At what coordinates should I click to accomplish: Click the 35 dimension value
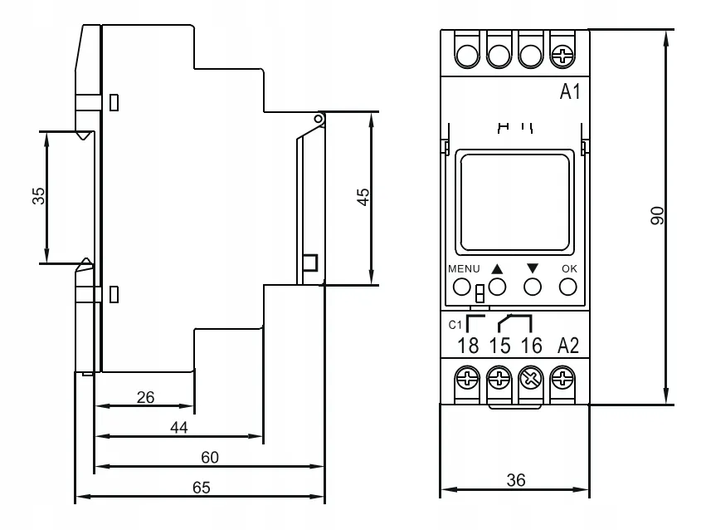coord(39,196)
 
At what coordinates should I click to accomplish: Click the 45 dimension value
coord(363,198)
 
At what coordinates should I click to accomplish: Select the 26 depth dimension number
coord(145,397)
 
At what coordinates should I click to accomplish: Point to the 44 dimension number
coord(178,427)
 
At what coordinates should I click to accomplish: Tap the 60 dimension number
coord(210,458)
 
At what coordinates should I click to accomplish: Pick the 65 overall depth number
coord(202,487)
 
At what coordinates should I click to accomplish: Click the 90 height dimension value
coord(657,215)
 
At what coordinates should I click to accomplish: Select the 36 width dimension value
coord(516,480)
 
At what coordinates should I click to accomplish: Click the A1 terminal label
coord(570,92)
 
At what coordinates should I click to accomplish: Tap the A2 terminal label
coord(568,346)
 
